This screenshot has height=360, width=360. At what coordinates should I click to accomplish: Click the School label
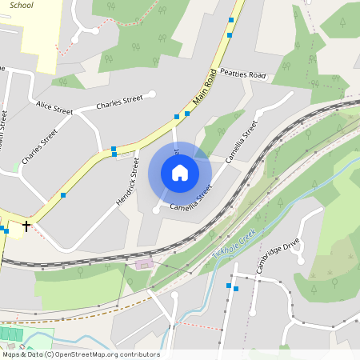21,4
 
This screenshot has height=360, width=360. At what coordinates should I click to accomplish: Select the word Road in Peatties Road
257,75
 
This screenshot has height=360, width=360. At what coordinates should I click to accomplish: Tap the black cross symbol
26,226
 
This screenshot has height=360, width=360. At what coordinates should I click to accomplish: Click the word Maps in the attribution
10,354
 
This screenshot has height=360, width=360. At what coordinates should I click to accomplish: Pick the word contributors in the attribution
142,354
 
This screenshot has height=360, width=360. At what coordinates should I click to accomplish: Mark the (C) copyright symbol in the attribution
49,354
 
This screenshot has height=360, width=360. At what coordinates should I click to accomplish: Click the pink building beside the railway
144,264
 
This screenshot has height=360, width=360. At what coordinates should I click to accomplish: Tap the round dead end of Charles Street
152,94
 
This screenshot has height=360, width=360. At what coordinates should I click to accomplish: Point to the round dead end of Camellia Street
156,210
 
